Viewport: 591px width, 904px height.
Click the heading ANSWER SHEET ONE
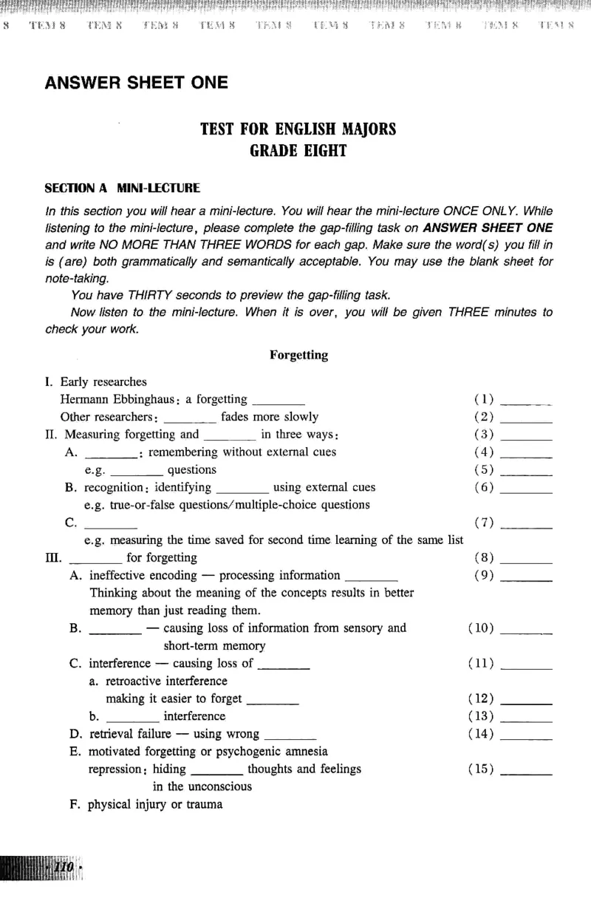point(137,82)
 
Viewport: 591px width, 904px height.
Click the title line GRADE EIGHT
point(298,152)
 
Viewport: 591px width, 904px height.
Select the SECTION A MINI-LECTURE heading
point(122,188)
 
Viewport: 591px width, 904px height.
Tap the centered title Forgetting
point(298,355)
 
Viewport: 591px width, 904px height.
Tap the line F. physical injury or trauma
point(146,804)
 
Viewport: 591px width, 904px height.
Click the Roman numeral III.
point(52,558)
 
